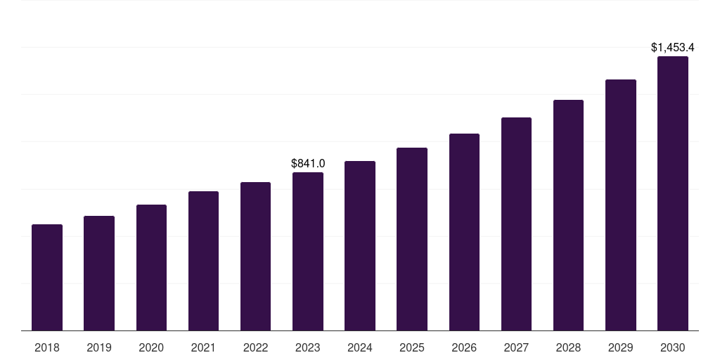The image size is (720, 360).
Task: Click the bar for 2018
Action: tap(47, 278)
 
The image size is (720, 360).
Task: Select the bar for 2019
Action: tap(99, 274)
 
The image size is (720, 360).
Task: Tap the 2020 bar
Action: tap(151, 268)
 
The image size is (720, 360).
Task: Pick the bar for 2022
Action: tap(255, 257)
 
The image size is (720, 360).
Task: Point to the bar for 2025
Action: tap(412, 239)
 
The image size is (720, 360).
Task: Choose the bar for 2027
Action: tap(516, 224)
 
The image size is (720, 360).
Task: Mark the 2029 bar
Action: tap(620, 205)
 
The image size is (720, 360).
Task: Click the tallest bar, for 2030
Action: tap(673, 193)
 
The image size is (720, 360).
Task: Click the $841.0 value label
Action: tap(308, 163)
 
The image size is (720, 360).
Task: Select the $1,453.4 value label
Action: tap(673, 48)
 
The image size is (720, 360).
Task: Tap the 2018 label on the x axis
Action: tap(47, 347)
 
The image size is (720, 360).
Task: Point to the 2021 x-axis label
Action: tap(203, 347)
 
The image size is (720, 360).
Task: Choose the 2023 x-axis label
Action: tap(308, 347)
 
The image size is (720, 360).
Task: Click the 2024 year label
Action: tap(360, 347)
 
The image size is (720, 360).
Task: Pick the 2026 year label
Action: tap(464, 347)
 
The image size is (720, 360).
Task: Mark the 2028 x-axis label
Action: tap(568, 347)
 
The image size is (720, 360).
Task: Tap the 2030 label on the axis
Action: tap(673, 347)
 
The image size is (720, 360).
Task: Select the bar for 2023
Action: tap(308, 252)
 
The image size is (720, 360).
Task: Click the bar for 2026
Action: tap(464, 232)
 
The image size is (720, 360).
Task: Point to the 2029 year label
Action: tap(620, 347)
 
